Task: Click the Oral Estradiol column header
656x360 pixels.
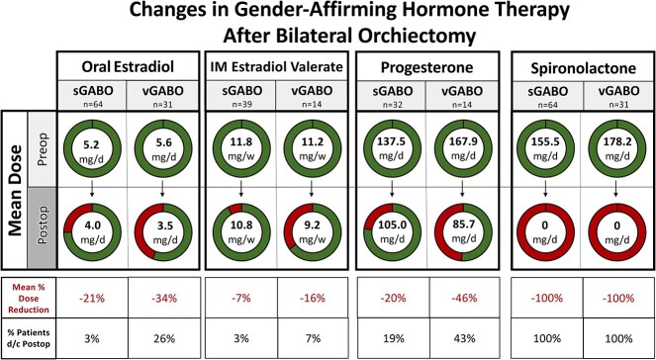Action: pyautogui.click(x=128, y=68)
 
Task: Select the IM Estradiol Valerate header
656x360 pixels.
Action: pyautogui.click(x=276, y=67)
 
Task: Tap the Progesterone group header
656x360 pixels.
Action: pyautogui.click(x=427, y=68)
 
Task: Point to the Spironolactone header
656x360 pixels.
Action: pyautogui.click(x=581, y=68)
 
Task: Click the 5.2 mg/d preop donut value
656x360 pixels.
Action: pyautogui.click(x=92, y=149)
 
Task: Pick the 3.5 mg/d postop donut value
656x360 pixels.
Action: pyautogui.click(x=162, y=233)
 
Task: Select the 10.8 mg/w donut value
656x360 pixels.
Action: pyautogui.click(x=241, y=233)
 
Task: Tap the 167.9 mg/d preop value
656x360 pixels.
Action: pyautogui.click(x=462, y=149)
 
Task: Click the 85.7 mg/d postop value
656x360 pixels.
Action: pyautogui.click(x=462, y=233)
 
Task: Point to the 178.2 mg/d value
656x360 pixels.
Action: pyautogui.click(x=615, y=149)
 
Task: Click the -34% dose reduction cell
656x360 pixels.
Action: pyautogui.click(x=163, y=299)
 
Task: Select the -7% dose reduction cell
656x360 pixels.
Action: pyautogui.click(x=241, y=299)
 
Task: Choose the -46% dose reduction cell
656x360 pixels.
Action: pyautogui.click(x=464, y=299)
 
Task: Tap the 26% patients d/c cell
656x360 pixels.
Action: pyautogui.click(x=163, y=338)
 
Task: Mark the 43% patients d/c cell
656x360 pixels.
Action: pyautogui.click(x=464, y=338)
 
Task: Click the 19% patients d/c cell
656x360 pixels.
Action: pyautogui.click(x=393, y=338)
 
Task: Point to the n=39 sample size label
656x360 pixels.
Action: pyautogui.click(x=241, y=103)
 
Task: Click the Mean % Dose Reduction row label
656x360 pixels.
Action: pyautogui.click(x=29, y=299)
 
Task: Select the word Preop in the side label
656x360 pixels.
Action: pyautogui.click(x=43, y=149)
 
